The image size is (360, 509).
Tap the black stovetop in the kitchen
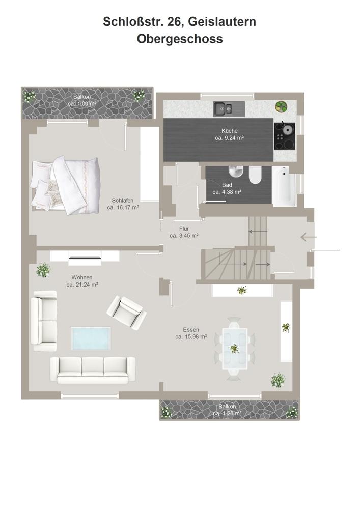click(285, 136)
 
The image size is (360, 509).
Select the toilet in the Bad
click(255, 175)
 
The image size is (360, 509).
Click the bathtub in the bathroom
click(284, 187)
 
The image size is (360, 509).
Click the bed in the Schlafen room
click(65, 185)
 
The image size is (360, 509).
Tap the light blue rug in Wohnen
click(91, 338)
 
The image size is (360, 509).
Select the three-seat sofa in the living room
click(93, 370)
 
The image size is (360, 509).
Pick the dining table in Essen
click(235, 348)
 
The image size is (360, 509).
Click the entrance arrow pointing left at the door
click(309, 237)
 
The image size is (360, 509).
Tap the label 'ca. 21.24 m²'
click(82, 285)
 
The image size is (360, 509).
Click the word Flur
click(184, 229)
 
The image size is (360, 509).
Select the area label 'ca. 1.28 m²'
click(227, 413)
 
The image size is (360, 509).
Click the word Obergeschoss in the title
click(180, 39)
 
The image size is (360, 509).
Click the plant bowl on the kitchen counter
click(281, 106)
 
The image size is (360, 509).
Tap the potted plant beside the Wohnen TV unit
click(43, 270)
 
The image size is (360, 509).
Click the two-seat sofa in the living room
click(44, 321)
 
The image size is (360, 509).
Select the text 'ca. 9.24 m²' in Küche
click(230, 138)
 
